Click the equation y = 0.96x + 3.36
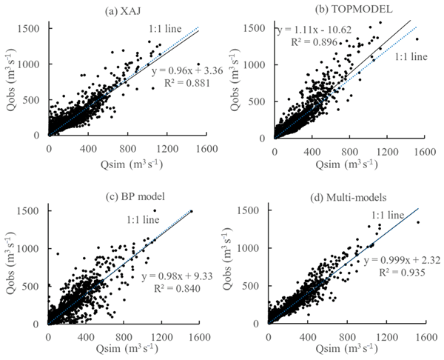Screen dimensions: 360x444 coord(181,71)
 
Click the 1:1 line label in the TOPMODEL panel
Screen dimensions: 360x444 coord(410,56)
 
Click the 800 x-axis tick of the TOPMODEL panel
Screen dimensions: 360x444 coord(347,146)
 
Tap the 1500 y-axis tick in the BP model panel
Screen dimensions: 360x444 coord(33,211)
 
